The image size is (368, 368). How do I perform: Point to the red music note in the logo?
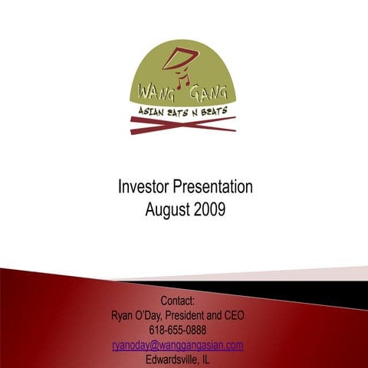point(182,79)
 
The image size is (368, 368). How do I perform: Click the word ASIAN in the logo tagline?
point(151,112)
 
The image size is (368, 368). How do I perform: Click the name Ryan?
point(125,315)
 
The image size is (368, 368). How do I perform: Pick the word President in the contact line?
point(200,315)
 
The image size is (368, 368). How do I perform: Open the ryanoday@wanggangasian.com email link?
point(178,345)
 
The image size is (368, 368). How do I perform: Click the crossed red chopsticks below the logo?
point(183,123)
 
